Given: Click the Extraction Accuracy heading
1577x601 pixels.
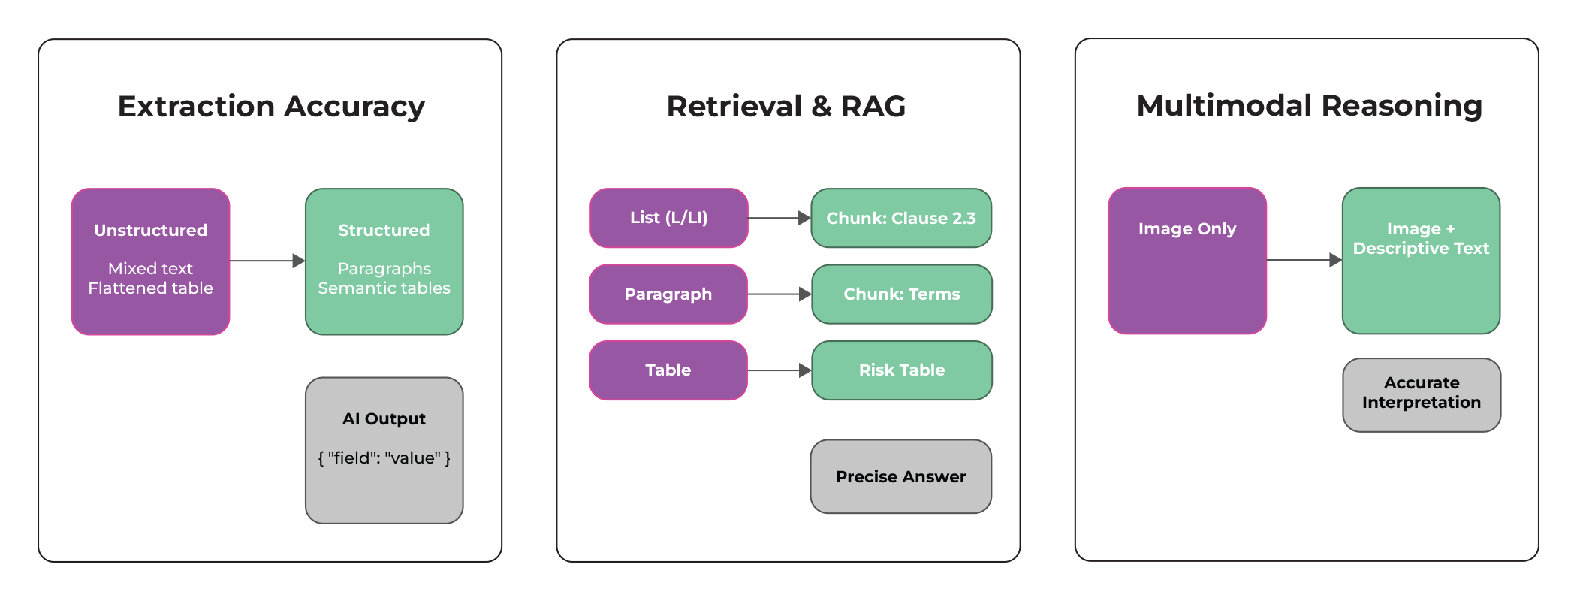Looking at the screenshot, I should coord(271,107).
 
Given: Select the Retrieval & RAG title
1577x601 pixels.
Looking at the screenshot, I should coord(786,107).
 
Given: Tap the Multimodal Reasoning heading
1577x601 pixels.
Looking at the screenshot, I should coord(1309,106).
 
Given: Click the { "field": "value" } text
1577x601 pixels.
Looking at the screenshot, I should coord(384,458).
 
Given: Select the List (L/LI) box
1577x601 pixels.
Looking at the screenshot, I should coord(668,218).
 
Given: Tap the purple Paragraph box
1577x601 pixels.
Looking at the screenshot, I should coord(668,294).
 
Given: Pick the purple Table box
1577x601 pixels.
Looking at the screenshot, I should coord(668,370).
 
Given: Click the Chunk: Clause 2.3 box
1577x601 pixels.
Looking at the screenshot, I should coord(901,218).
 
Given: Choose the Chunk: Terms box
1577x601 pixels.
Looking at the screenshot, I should coord(901,294).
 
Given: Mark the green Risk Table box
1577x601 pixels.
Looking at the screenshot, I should coord(901,370).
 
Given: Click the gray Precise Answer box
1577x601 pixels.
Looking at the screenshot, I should coord(900,477).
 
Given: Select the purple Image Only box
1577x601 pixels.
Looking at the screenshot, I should coord(1187,261).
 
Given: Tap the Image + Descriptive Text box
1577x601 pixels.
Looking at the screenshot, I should coord(1421,261).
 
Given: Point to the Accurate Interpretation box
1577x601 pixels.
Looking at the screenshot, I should coord(1422,394).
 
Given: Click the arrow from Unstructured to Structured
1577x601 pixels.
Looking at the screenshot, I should coord(267,261).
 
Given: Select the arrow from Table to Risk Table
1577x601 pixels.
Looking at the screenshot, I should coord(779,370).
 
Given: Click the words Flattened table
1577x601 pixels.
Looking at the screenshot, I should coord(150,288).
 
